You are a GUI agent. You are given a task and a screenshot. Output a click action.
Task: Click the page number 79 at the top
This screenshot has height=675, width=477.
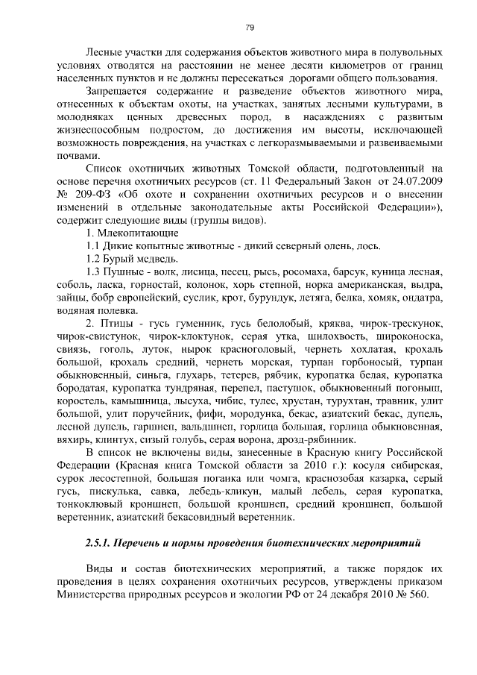(x=250, y=28)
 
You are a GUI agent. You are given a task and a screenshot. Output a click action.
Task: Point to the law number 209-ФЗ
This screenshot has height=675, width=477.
(x=90, y=195)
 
